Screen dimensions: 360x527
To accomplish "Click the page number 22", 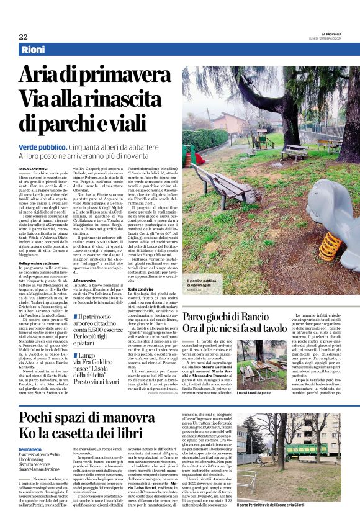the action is pos(23,37).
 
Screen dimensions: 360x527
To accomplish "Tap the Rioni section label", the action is pos(35,50).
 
